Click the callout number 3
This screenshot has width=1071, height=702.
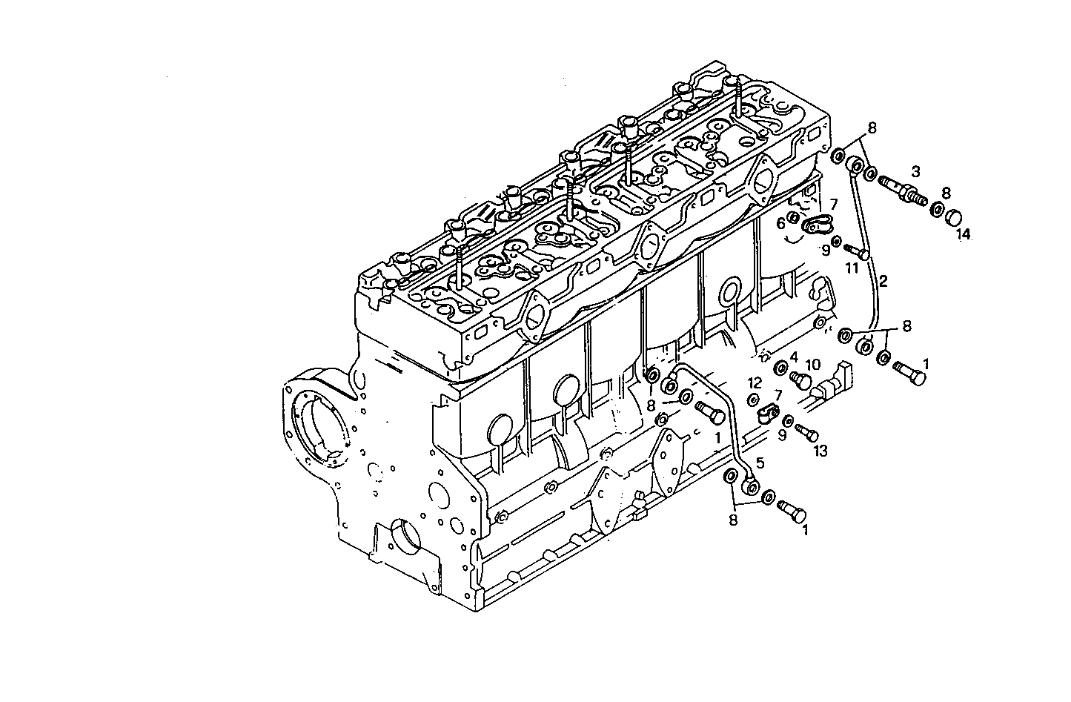coord(915,171)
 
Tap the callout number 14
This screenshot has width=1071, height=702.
coord(962,234)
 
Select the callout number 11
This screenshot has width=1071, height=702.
coord(852,268)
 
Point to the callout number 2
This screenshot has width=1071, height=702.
coord(883,282)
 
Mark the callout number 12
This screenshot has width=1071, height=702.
coord(755,383)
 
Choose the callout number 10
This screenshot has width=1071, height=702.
coord(813,364)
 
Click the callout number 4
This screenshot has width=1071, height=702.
coord(793,357)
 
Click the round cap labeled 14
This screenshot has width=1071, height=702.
coord(952,216)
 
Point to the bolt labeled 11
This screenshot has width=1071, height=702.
coord(858,252)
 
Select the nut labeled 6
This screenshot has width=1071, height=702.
coord(792,217)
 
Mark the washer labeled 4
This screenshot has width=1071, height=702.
coord(781,368)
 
